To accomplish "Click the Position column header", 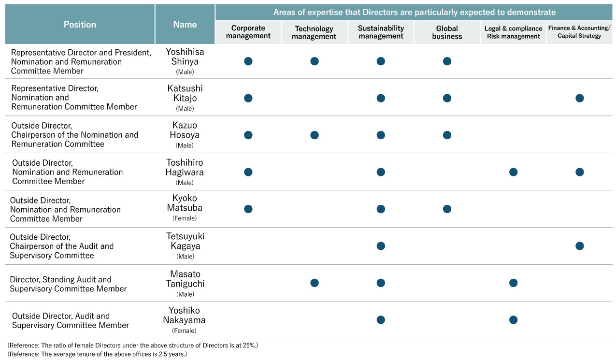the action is (80, 25).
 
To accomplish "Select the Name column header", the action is (185, 25).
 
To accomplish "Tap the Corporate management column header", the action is (248, 32).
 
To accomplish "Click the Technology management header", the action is (314, 32).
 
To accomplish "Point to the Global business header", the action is (447, 32).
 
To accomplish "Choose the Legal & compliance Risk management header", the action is (513, 32).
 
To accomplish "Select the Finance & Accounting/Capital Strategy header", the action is (579, 31).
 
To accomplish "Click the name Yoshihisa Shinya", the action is (185, 57).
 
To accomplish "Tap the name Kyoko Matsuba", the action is (185, 202).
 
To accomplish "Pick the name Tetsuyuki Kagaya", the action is (186, 241).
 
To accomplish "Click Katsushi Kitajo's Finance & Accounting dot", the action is (579, 98).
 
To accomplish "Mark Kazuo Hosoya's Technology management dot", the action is (315, 135).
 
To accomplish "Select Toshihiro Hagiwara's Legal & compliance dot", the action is (513, 172).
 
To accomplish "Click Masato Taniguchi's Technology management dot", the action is (315, 283).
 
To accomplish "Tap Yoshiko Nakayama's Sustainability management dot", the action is (381, 320).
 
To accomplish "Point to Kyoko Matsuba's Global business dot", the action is (447, 209).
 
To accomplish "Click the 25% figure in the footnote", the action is (249, 346).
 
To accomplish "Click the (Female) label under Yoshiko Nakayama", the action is (184, 331).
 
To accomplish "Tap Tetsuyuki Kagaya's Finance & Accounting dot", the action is (579, 246).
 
